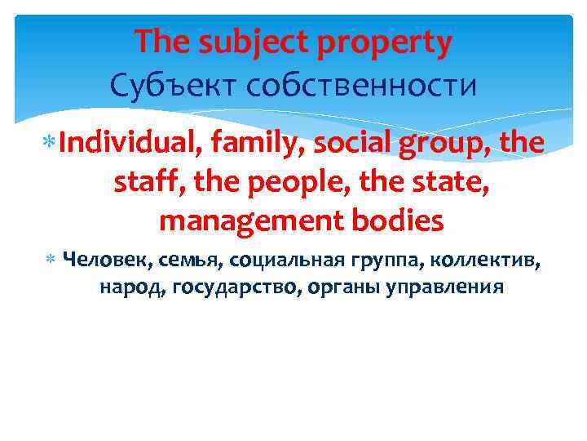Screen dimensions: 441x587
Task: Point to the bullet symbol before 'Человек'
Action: point(50,261)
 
